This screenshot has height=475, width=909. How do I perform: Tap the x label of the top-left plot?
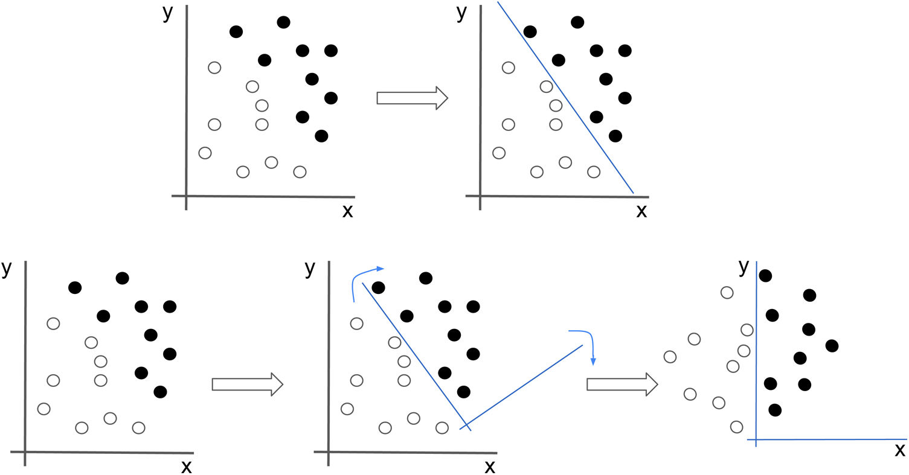click(x=347, y=211)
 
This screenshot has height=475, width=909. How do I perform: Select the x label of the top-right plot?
click(x=641, y=211)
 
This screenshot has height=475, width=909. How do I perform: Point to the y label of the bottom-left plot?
click(x=7, y=269)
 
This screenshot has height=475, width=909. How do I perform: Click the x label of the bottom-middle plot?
click(x=490, y=466)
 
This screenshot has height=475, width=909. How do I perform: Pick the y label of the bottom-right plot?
click(x=744, y=266)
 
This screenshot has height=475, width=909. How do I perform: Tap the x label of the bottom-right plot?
click(x=899, y=450)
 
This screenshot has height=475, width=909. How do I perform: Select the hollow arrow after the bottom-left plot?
click(x=248, y=384)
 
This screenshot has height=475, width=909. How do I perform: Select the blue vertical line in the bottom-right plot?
click(x=757, y=356)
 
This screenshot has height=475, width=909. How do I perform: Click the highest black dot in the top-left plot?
click(x=283, y=22)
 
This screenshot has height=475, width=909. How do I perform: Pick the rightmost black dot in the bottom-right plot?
click(x=832, y=345)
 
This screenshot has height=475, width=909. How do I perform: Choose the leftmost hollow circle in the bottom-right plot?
click(x=669, y=357)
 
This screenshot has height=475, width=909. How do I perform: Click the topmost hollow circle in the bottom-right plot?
click(x=727, y=293)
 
